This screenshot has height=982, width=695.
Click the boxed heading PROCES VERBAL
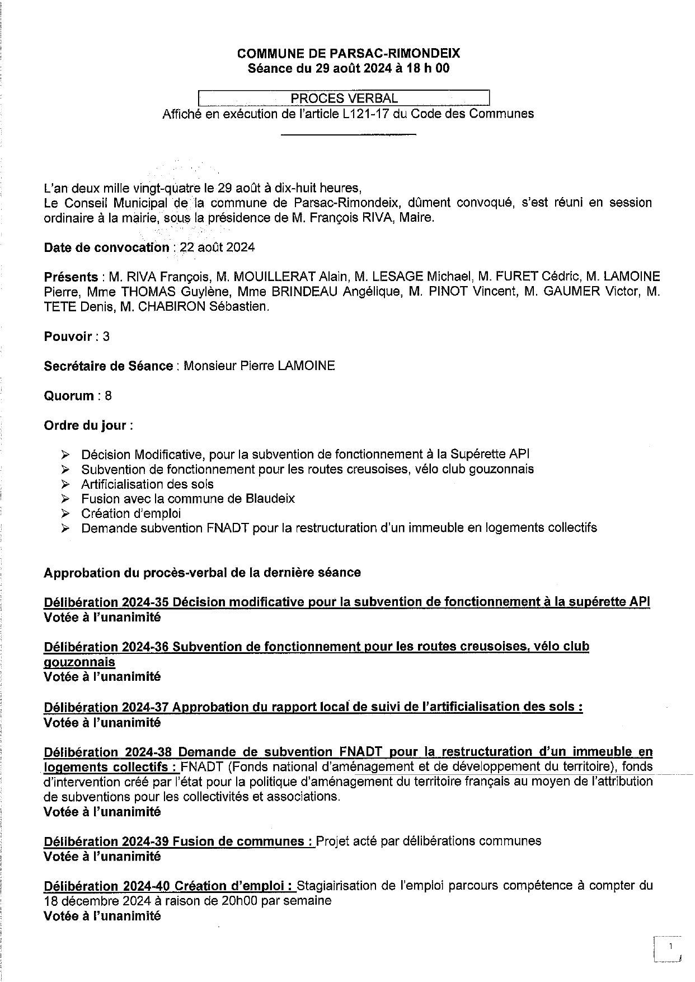(x=344, y=99)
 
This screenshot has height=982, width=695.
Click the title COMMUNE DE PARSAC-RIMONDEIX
(x=349, y=54)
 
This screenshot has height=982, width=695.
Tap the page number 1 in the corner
(x=669, y=946)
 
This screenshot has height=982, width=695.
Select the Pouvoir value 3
(x=106, y=336)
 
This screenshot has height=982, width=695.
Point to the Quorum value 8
(x=108, y=396)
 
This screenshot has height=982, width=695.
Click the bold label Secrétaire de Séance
(x=109, y=366)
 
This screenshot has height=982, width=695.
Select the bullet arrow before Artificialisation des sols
(x=65, y=484)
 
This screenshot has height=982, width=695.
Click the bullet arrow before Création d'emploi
(x=65, y=513)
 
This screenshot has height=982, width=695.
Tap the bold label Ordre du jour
(x=86, y=425)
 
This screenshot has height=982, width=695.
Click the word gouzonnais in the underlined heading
(x=79, y=662)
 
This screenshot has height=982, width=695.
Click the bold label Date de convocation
(x=106, y=247)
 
